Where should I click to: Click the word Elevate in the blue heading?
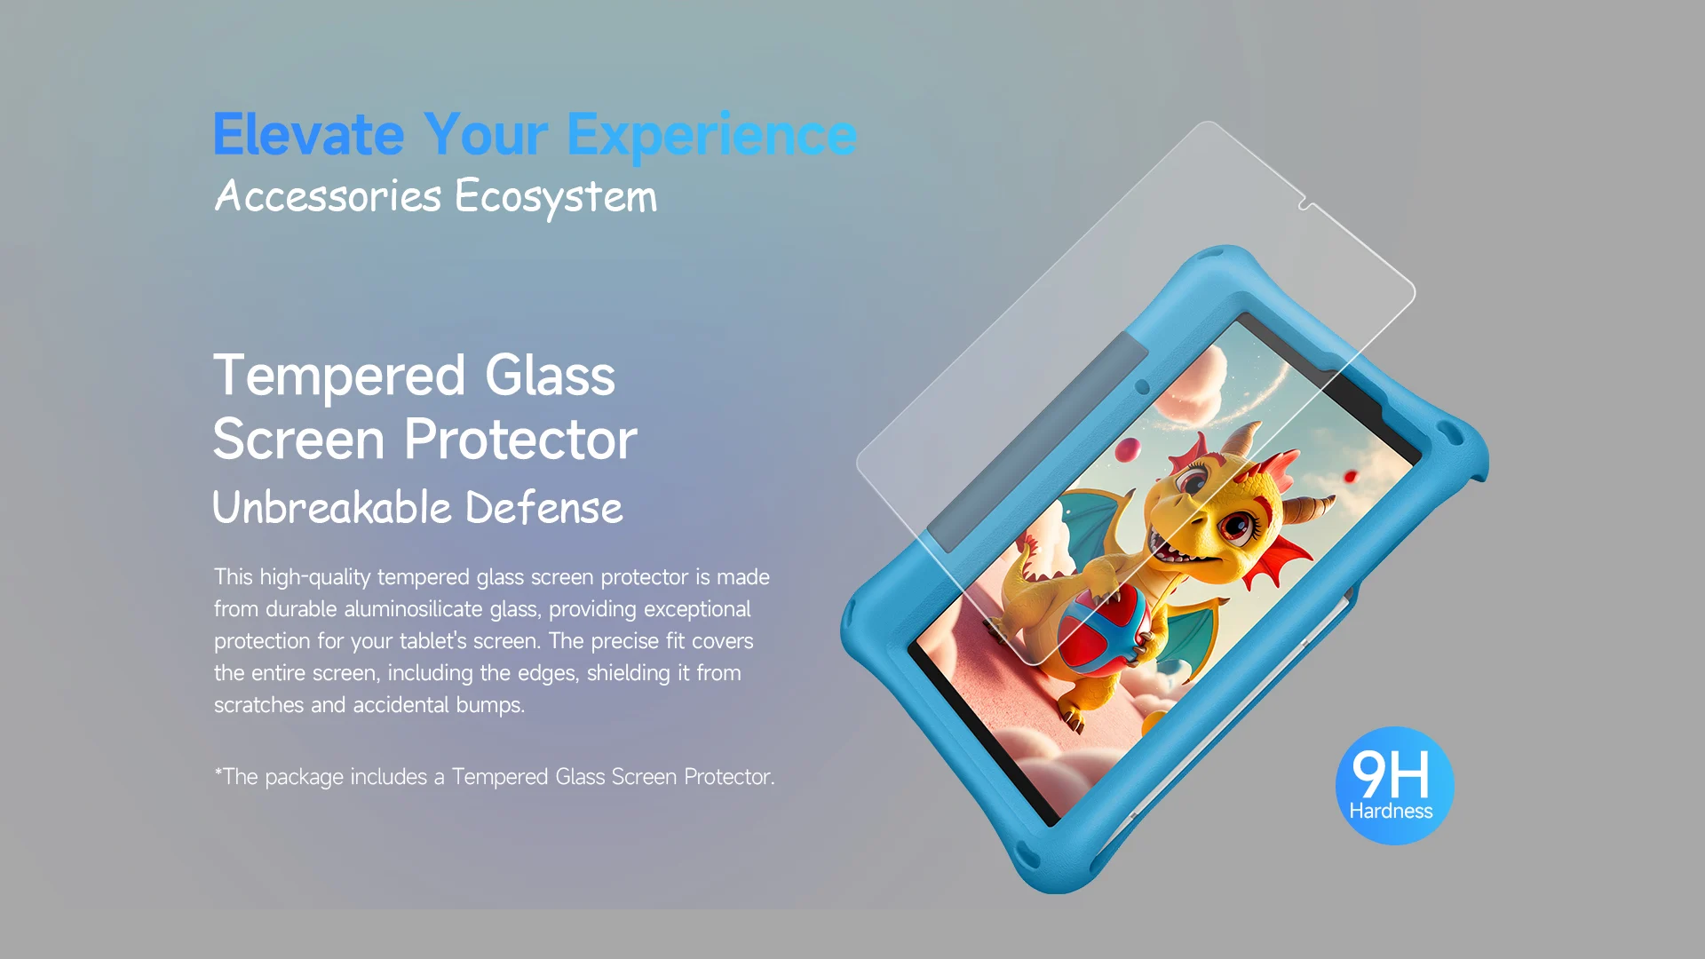[309, 135]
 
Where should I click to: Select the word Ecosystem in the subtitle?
[556, 196]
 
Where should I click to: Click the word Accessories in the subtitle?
[328, 195]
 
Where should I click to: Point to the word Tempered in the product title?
[339, 376]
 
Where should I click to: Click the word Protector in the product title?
[521, 439]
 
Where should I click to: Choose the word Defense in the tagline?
[544, 508]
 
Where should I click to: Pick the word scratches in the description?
[259, 705]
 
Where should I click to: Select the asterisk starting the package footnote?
[218, 772]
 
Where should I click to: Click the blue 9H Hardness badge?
[1394, 786]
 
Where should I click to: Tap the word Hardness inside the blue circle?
[1391, 811]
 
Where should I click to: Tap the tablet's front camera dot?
[1142, 387]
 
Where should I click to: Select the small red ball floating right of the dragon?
[1351, 477]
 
